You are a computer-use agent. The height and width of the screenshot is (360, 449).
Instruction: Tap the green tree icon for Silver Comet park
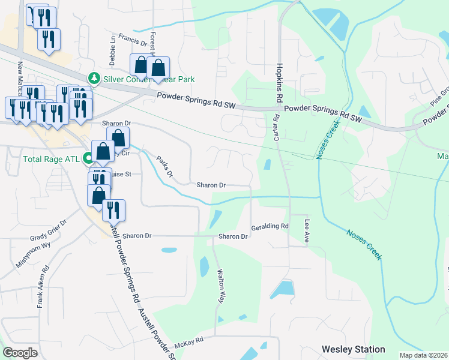(x=94, y=79)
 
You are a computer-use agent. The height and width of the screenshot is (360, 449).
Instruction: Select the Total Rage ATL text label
(x=52, y=160)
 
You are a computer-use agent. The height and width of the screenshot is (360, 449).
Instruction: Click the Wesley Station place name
(x=353, y=349)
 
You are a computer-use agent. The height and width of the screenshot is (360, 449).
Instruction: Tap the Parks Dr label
(x=164, y=167)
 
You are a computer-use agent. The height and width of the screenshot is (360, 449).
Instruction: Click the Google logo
(x=20, y=353)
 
